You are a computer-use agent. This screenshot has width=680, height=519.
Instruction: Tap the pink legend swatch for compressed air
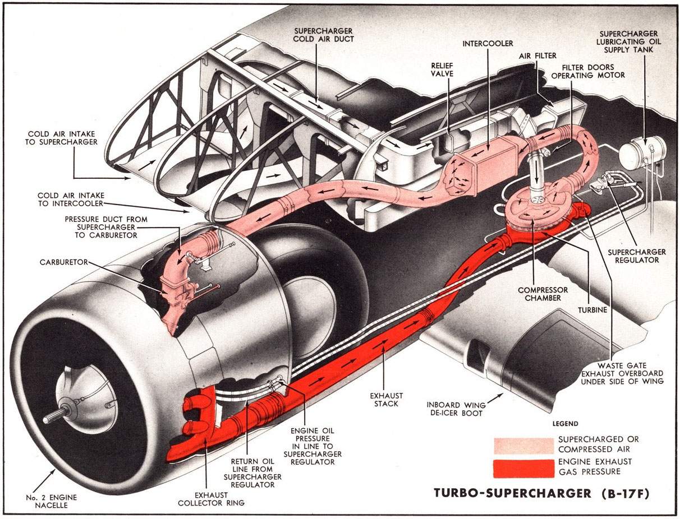pos(522,445)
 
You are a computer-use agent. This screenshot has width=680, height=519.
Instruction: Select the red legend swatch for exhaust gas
pos(522,467)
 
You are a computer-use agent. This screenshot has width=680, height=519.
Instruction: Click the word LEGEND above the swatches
pos(565,424)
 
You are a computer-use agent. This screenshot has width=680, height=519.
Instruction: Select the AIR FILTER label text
pos(537,55)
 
